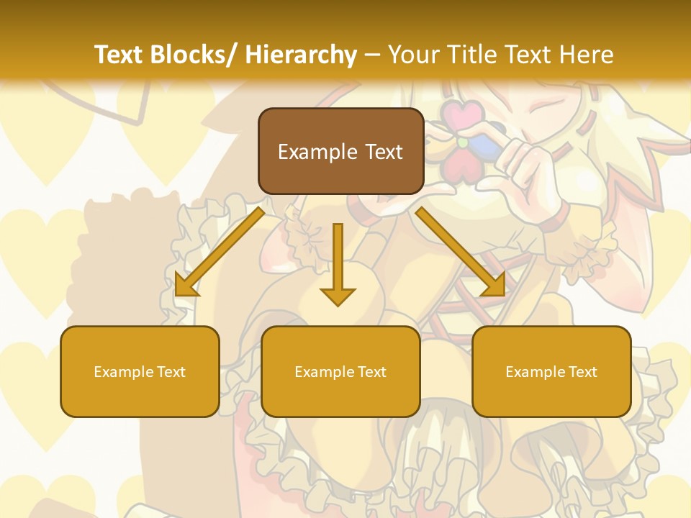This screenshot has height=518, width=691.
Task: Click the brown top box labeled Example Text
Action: [x=340, y=151]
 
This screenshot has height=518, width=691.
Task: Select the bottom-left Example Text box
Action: [x=140, y=371]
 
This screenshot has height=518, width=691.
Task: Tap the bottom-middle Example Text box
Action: [x=340, y=371]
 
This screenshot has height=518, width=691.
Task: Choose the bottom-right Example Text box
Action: [x=551, y=371]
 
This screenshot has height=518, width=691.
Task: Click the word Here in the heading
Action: [x=586, y=55]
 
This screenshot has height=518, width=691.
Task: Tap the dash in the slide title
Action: [x=372, y=55]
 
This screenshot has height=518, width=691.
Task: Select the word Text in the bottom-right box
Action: [x=582, y=371]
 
